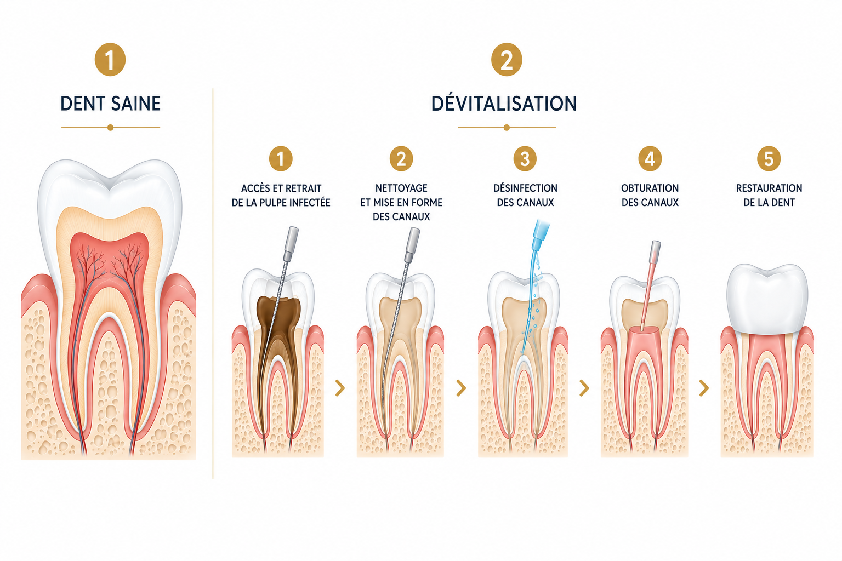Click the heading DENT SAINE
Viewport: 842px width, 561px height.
pos(111,104)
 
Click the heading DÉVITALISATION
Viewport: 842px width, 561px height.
pos(504,104)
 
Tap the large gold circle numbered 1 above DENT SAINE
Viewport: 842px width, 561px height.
pos(110,60)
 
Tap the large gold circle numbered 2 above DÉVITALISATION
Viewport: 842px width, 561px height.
pos(507,60)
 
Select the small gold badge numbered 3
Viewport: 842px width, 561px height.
pos(525,158)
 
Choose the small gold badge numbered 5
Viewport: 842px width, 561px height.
pos(769,158)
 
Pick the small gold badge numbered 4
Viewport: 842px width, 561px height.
pos(650,158)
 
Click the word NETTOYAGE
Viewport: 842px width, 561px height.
pos(401,188)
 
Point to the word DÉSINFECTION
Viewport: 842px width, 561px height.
pos(525,188)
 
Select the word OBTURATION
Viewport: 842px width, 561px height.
pos(650,188)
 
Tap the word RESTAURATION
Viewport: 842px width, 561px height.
pos(769,188)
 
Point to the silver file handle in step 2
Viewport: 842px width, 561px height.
pos(412,245)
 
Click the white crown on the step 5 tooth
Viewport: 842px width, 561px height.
pos(767,299)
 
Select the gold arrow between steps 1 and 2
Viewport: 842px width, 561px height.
pos(340,388)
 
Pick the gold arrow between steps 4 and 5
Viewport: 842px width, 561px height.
pos(704,388)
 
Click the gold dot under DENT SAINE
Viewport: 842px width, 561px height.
pos(110,128)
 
